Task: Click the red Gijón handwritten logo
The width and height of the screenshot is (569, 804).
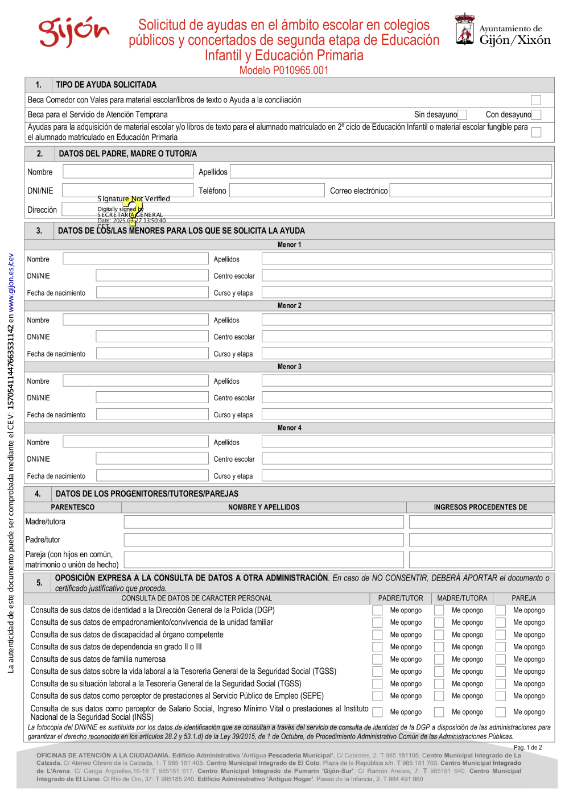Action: (73, 32)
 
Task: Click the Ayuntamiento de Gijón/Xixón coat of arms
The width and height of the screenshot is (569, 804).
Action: (465, 30)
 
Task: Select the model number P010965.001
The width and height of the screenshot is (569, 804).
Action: (284, 71)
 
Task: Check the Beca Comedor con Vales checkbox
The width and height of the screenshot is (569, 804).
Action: (535, 101)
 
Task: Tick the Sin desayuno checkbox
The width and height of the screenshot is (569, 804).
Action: (462, 115)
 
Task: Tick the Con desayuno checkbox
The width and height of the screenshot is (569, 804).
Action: (536, 115)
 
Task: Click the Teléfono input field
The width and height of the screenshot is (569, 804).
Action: (277, 190)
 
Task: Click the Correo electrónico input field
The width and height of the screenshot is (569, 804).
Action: (471, 190)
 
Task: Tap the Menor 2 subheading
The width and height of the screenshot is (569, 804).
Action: (289, 306)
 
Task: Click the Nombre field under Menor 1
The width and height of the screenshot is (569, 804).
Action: (135, 259)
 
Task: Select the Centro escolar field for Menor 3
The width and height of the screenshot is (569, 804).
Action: (407, 398)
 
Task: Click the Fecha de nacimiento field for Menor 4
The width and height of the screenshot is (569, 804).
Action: (152, 476)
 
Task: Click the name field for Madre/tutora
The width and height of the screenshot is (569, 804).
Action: (263, 522)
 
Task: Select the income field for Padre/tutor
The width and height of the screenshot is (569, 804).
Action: (480, 540)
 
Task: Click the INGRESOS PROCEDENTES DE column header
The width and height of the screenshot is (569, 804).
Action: (480, 507)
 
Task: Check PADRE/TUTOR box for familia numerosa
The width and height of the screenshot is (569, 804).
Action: (377, 660)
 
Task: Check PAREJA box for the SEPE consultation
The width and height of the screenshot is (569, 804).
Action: (501, 696)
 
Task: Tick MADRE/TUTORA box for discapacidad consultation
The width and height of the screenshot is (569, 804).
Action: (439, 635)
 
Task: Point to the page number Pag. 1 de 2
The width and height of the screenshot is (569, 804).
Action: (527, 748)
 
